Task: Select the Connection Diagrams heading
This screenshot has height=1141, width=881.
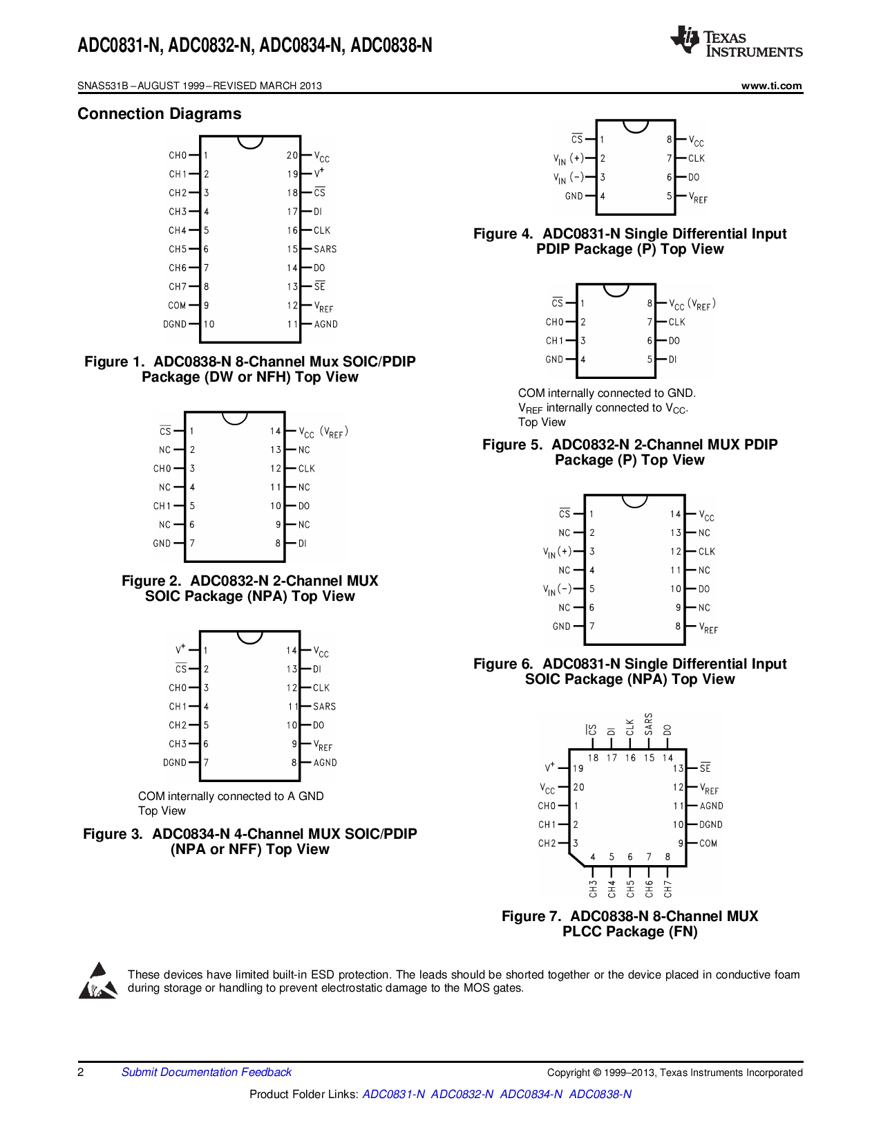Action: click(159, 114)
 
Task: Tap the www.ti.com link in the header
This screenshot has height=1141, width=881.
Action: click(771, 86)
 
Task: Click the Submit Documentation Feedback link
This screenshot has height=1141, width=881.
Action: click(206, 1072)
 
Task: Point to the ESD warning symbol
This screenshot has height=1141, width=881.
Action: click(97, 981)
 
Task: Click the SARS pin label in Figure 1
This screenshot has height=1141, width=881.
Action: click(325, 249)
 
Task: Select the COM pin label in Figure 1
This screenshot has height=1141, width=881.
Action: click(177, 306)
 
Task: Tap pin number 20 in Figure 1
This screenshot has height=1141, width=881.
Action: click(292, 156)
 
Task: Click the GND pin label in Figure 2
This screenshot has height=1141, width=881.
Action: click(162, 544)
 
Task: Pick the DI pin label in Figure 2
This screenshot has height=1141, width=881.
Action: click(303, 544)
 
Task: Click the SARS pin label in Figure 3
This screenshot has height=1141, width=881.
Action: click(324, 707)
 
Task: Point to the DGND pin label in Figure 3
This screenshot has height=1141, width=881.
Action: click(175, 763)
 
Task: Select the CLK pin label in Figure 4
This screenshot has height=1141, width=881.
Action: click(696, 158)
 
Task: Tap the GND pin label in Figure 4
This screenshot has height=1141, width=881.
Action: click(574, 196)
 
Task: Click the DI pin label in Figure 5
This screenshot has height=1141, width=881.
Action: click(672, 360)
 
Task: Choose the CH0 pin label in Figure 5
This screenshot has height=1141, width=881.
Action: click(554, 322)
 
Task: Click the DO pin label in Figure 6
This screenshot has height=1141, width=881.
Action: click(704, 589)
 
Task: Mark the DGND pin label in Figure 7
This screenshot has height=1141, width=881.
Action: click(710, 825)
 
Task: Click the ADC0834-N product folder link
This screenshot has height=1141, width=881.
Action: click(531, 1094)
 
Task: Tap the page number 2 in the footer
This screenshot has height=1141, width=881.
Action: click(81, 1072)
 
